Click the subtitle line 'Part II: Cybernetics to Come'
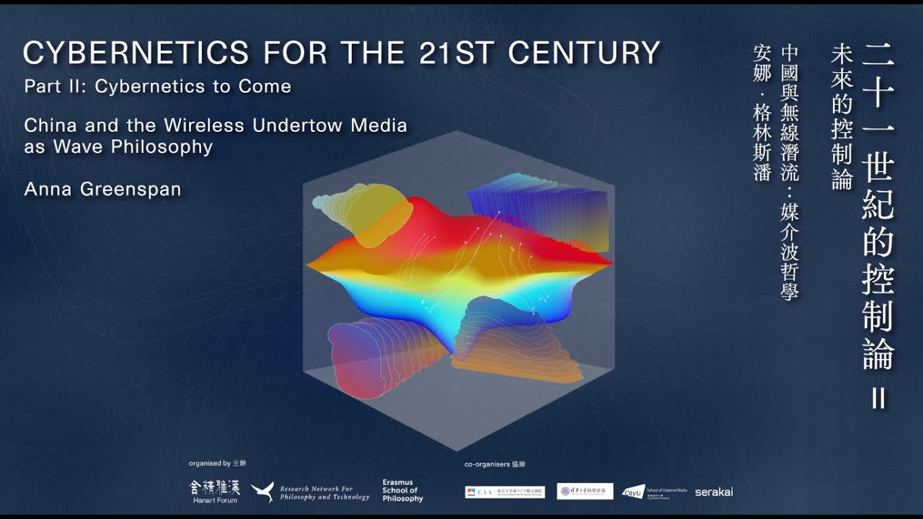coord(157,86)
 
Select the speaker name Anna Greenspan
coord(102,190)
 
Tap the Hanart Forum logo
coord(214,491)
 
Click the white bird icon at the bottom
coord(262,492)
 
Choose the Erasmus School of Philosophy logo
coord(402,491)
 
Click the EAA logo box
coord(505,492)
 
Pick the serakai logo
coord(714,492)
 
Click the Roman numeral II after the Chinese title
coord(878,399)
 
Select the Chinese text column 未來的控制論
coord(842,116)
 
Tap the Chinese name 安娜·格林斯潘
coord(761,112)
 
